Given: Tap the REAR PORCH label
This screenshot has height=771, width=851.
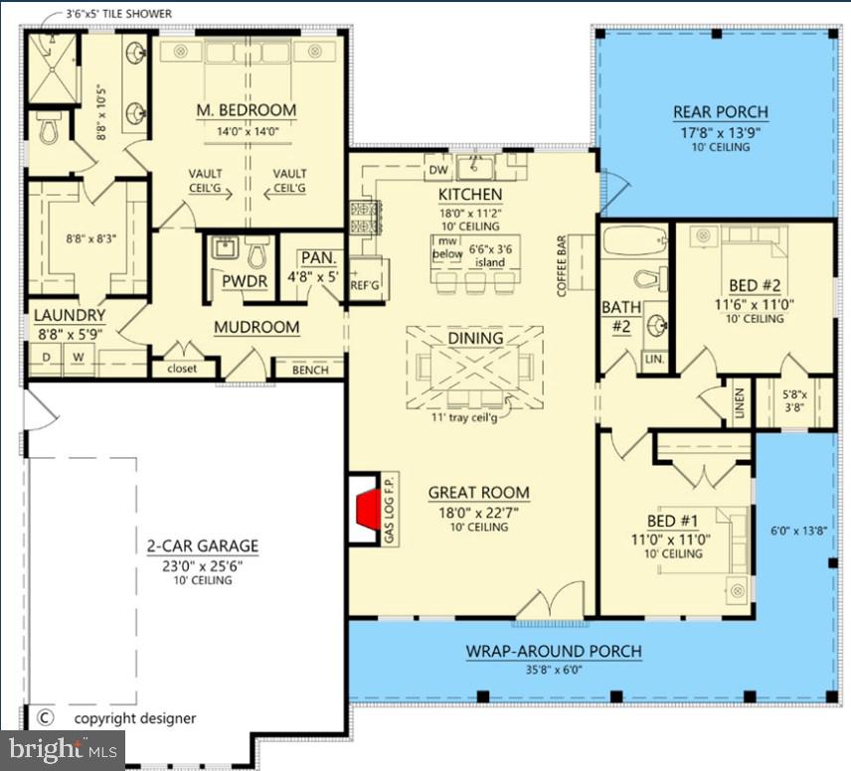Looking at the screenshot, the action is click(721, 112).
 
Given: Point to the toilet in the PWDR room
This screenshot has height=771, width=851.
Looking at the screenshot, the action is click(256, 254).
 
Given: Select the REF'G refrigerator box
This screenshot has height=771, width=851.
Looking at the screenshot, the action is click(366, 285).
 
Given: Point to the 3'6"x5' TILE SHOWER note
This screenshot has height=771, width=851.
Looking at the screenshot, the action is click(118, 14).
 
